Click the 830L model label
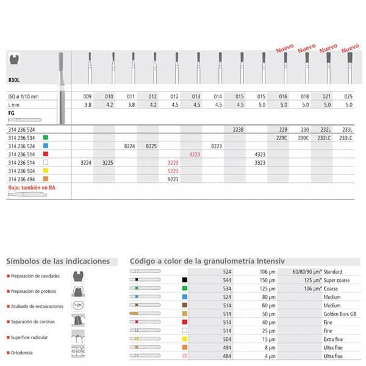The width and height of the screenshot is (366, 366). click(x=15, y=80)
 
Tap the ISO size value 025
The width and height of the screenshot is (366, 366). click(x=348, y=97)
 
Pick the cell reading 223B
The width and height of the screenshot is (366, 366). click(x=238, y=129)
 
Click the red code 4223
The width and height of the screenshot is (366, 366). click(x=195, y=155)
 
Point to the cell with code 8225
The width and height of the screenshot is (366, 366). click(x=151, y=146)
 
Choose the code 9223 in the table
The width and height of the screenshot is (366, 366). click(x=173, y=180)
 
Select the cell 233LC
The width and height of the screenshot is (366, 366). click(x=346, y=138)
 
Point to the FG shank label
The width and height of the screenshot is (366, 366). click(x=12, y=113)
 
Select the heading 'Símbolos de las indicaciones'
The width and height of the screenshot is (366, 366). click(x=58, y=261)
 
